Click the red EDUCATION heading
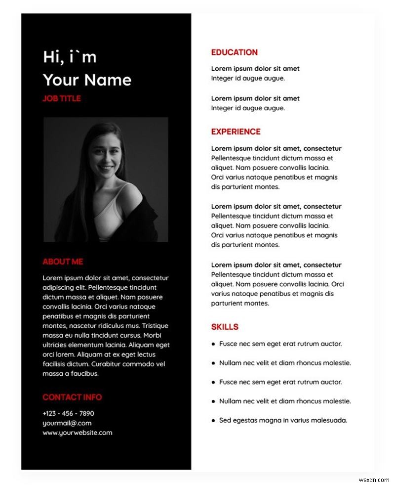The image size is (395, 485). (234, 52)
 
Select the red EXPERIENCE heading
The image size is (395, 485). (236, 132)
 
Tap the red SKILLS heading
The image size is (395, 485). (225, 327)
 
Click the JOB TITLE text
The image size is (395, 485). (61, 98)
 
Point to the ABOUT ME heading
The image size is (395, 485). (63, 262)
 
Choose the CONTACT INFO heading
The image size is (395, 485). (72, 397)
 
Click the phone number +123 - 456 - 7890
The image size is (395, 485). (68, 413)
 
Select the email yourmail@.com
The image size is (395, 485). (67, 423)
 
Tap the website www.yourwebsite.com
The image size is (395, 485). (77, 433)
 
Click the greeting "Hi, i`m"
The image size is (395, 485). (70, 57)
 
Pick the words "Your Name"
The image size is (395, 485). (87, 80)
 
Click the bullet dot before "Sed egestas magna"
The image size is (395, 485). (213, 421)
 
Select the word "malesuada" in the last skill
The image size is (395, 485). (330, 420)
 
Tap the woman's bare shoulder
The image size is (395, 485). (129, 193)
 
